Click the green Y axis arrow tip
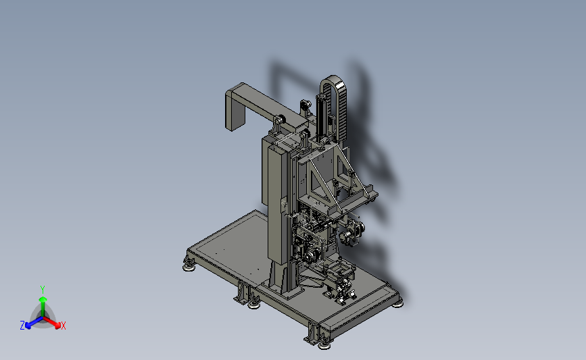[x=43, y=299]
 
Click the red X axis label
[x=64, y=326]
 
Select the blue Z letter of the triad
[x=22, y=326]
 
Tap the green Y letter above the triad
[x=42, y=290]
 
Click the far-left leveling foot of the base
[x=189, y=267]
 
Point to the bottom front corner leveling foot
[x=324, y=345]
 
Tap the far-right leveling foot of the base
[x=397, y=304]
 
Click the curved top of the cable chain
[x=333, y=81]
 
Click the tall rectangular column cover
[x=277, y=202]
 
